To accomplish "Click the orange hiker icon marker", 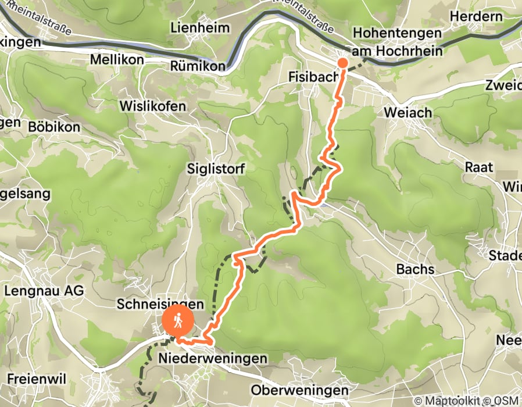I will pos(179,320).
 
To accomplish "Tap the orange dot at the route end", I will pos(343,63).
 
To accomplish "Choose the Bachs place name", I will pos(415,269).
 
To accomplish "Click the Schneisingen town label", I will pos(160,304).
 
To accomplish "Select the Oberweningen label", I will pos(300,390).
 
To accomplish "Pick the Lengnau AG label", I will pos(44,290).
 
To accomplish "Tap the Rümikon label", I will pos(198,67).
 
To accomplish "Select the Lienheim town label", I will pos(200,27).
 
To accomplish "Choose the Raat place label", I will pos(479,167).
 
